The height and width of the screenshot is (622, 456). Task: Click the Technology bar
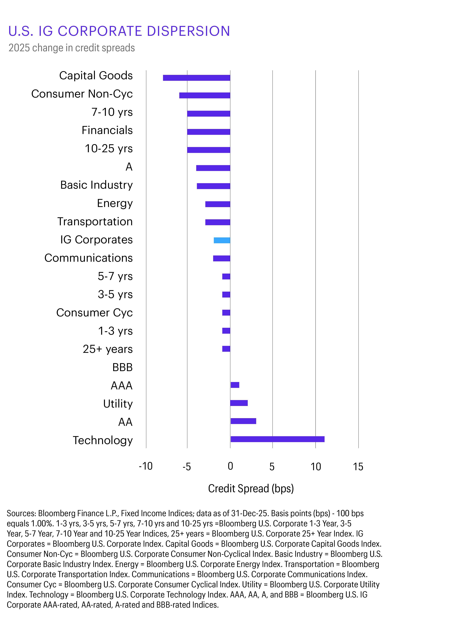[x=277, y=439]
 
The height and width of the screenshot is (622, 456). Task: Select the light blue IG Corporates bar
[x=222, y=240]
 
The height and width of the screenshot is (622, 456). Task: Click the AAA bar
[x=235, y=385]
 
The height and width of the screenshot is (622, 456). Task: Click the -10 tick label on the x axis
[x=146, y=466]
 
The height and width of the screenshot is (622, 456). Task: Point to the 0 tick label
[x=230, y=466]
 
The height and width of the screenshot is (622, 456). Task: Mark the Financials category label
[x=107, y=130]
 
